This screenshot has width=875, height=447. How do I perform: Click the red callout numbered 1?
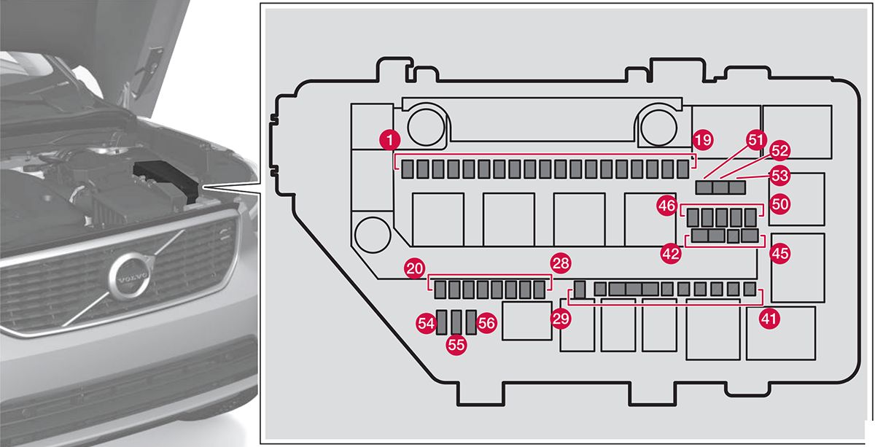click(392, 139)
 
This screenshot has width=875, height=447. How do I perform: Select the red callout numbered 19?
click(703, 139)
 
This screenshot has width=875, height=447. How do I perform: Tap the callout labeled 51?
click(756, 139)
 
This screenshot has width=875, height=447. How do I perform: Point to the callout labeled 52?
click(779, 151)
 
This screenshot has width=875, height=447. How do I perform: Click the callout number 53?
click(780, 176)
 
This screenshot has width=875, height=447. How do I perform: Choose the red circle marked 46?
click(666, 206)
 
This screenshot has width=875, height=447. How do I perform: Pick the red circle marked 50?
click(780, 205)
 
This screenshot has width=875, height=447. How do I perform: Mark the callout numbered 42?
click(670, 252)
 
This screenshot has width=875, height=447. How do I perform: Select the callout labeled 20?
click(415, 268)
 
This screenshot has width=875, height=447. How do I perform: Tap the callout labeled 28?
click(561, 263)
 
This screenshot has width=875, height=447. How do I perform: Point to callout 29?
click(560, 318)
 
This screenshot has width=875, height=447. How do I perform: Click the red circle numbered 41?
click(769, 318)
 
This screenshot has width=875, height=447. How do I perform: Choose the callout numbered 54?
click(426, 322)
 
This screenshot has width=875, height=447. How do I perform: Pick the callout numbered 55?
click(456, 344)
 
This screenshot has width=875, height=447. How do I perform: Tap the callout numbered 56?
click(487, 322)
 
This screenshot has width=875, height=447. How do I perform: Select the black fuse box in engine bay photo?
click(166, 179)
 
